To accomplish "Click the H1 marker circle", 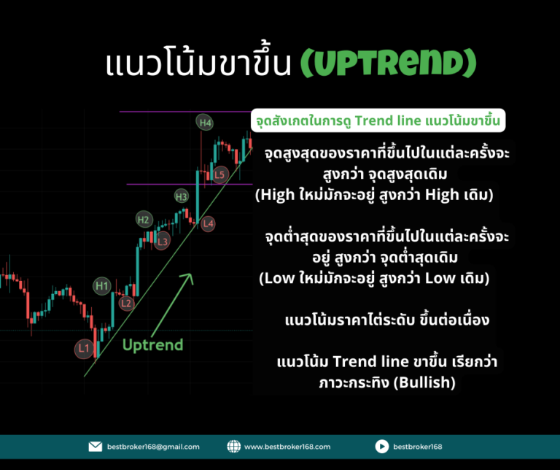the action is pyautogui.click(x=102, y=285).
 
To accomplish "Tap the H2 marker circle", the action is pyautogui.click(x=144, y=220).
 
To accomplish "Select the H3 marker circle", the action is pyautogui.click(x=182, y=196).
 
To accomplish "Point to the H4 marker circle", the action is pyautogui.click(x=205, y=123).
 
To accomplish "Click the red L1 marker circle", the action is pyautogui.click(x=84, y=348).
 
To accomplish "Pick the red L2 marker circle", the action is pyautogui.click(x=126, y=304).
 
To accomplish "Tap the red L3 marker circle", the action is pyautogui.click(x=162, y=242).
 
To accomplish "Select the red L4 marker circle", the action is pyautogui.click(x=208, y=224).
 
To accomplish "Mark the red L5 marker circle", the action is pyautogui.click(x=219, y=174).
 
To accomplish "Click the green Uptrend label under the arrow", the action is pyautogui.click(x=153, y=345).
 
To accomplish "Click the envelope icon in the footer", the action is pyautogui.click(x=96, y=447).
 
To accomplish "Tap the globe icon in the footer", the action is pyautogui.click(x=234, y=447).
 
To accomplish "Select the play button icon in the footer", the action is pyautogui.click(x=382, y=447).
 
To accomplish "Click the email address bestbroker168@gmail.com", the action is pyautogui.click(x=153, y=447).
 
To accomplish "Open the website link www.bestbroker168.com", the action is pyautogui.click(x=287, y=447).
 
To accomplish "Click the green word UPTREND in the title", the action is pyautogui.click(x=389, y=63).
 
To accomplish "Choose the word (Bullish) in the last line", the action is pyautogui.click(x=424, y=382).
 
